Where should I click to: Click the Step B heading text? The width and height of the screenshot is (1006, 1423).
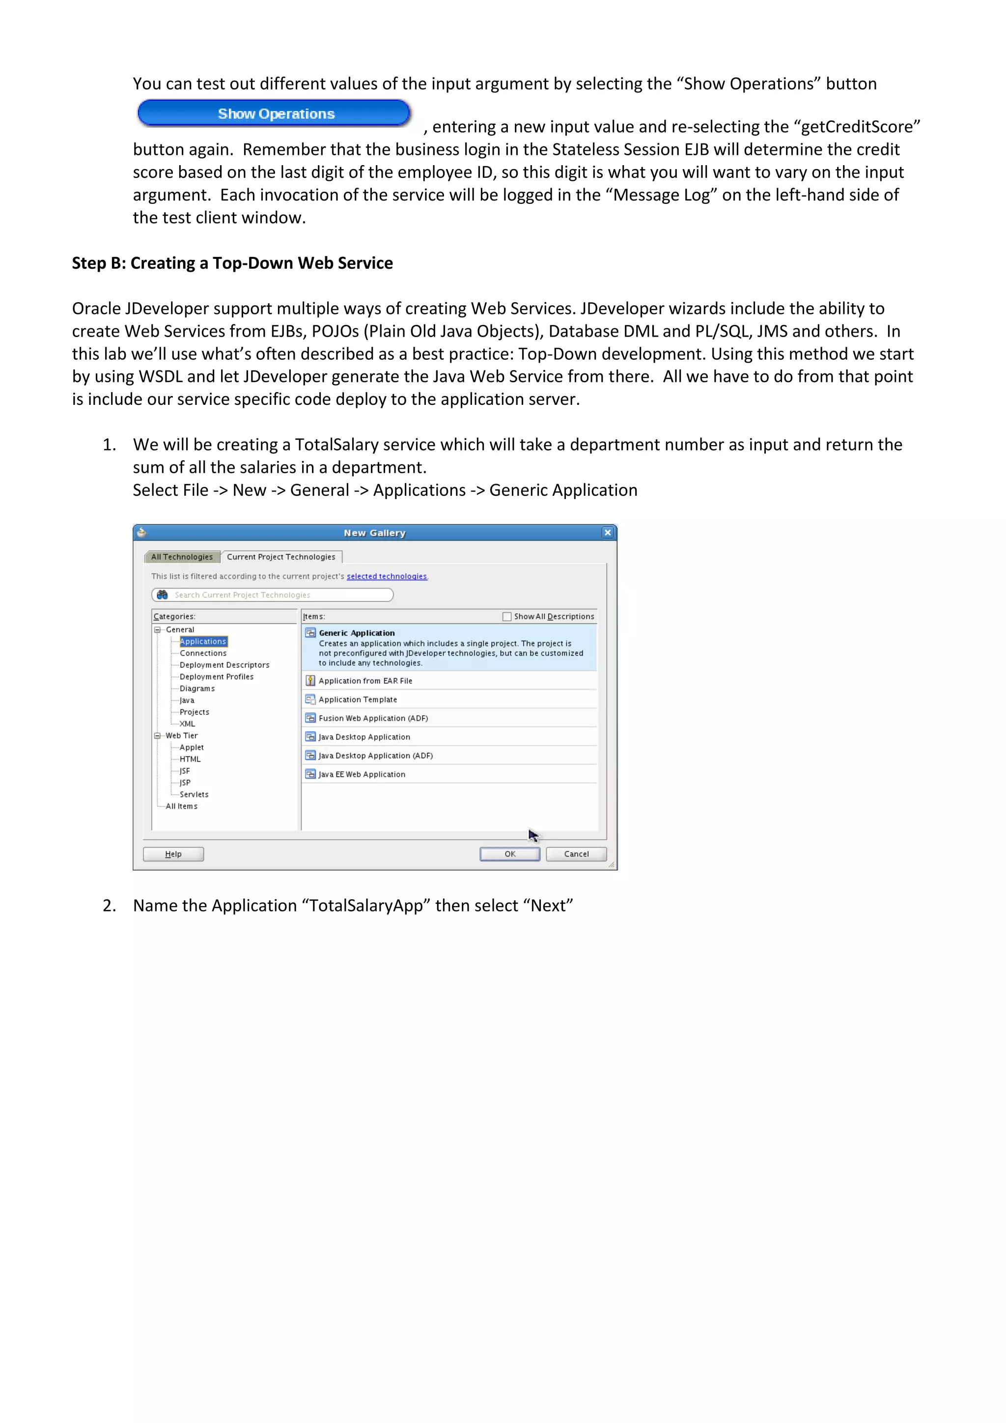[232, 263]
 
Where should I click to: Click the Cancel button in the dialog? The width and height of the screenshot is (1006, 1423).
[576, 854]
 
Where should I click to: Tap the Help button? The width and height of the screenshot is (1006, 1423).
[173, 854]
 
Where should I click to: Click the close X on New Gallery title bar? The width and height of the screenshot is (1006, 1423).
[607, 532]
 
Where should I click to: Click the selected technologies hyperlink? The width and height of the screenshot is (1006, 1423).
[387, 576]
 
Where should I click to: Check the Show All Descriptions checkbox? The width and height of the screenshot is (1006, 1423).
[507, 617]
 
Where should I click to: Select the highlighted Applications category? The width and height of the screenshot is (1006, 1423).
[203, 641]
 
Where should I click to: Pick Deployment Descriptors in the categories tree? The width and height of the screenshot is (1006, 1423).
[224, 665]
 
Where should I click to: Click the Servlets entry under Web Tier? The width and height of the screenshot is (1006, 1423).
[194, 795]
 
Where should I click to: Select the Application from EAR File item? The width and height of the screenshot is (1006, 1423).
[365, 681]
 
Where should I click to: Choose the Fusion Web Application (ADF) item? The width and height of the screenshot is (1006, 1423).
[373, 718]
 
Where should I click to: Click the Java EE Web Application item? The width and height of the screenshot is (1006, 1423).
[362, 775]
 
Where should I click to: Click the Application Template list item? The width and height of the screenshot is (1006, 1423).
[358, 700]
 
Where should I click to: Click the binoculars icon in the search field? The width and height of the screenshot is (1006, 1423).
[162, 595]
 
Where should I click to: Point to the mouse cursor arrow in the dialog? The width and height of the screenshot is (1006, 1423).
[533, 835]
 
